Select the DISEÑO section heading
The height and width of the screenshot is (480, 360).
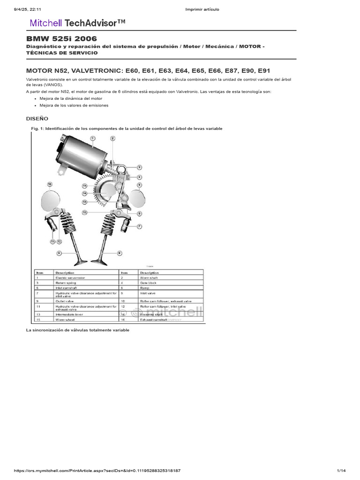tap(37, 119)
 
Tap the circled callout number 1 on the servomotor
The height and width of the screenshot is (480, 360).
tap(93, 138)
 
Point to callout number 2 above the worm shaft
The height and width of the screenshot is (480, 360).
tap(113, 138)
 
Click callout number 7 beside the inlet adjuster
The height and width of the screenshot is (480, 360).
tap(139, 226)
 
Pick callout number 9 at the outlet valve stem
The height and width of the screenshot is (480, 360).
tap(60, 253)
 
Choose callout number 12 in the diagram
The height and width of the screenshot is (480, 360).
tap(85, 212)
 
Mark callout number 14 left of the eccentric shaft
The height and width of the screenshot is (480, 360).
tap(85, 193)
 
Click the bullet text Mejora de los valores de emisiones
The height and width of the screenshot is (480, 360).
tap(74, 105)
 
